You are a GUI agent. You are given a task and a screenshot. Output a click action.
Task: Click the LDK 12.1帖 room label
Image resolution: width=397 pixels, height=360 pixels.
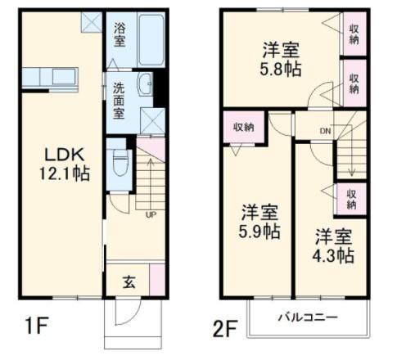pyautogui.click(x=65, y=164)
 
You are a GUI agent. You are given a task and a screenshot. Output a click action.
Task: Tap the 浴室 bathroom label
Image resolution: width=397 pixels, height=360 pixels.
pyautogui.click(x=120, y=34)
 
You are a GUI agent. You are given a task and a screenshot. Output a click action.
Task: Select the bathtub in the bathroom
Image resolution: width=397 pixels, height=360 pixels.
pyautogui.click(x=151, y=39)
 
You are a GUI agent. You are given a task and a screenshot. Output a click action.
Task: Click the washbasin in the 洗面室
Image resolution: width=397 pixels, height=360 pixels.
pyautogui.click(x=145, y=84)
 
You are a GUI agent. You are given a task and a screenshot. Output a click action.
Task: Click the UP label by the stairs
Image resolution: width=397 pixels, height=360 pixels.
pyautogui.click(x=151, y=215)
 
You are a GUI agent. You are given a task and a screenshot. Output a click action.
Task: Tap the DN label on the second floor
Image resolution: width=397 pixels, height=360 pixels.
pyautogui.click(x=325, y=131)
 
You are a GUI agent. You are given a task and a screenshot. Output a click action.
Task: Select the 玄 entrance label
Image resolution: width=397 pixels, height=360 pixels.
pyautogui.click(x=129, y=281)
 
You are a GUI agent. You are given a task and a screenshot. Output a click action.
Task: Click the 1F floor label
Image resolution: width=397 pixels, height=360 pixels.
pyautogui.click(x=37, y=326)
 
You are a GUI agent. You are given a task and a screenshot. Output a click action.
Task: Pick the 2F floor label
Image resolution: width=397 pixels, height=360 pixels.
pyautogui.click(x=225, y=329)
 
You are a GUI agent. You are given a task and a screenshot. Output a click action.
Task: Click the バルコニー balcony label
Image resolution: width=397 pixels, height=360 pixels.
pyautogui.click(x=308, y=317)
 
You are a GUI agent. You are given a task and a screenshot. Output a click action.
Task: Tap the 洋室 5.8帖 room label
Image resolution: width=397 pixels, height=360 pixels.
pyautogui.click(x=281, y=59)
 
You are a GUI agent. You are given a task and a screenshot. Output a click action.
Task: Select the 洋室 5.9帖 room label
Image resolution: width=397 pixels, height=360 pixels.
pyautogui.click(x=259, y=222)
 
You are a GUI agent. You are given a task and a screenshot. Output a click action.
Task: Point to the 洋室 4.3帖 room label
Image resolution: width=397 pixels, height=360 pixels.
pyautogui.click(x=333, y=245)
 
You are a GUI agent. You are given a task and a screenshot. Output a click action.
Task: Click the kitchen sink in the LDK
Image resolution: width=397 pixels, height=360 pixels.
pyautogui.click(x=64, y=77)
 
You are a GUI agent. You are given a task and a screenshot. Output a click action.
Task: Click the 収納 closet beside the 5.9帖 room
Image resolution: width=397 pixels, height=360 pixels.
pyautogui.click(x=244, y=127)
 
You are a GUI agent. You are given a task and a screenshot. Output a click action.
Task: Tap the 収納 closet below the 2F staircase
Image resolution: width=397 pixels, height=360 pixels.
pyautogui.click(x=351, y=200)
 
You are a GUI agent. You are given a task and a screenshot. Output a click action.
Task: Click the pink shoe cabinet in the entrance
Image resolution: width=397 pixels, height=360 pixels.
pyautogui.click(x=157, y=280)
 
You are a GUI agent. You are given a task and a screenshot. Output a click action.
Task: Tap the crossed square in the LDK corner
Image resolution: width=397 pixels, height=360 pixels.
pyautogui.click(x=92, y=22)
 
